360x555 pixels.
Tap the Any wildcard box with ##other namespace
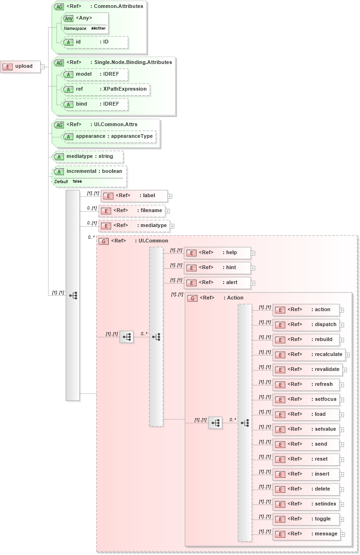85,23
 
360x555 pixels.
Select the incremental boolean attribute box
89,176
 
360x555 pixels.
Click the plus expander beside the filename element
168,211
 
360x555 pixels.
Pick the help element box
217,253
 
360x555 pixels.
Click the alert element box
217,283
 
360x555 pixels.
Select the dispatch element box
306,325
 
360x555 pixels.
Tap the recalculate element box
309,355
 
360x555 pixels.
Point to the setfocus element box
306,399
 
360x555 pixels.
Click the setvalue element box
306,429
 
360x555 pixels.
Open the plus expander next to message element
342,534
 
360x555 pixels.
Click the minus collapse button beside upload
42,66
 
